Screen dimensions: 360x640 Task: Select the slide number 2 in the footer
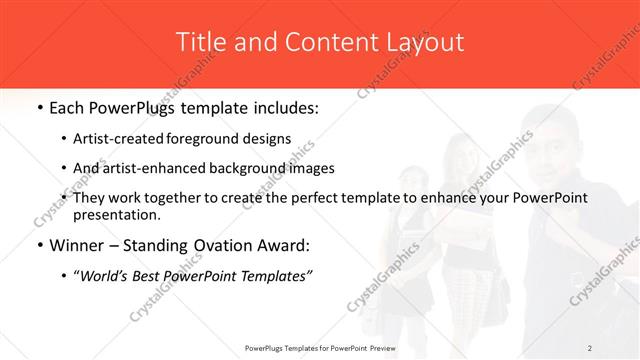(x=589, y=347)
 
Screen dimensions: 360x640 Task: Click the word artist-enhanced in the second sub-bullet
(x=167, y=168)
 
